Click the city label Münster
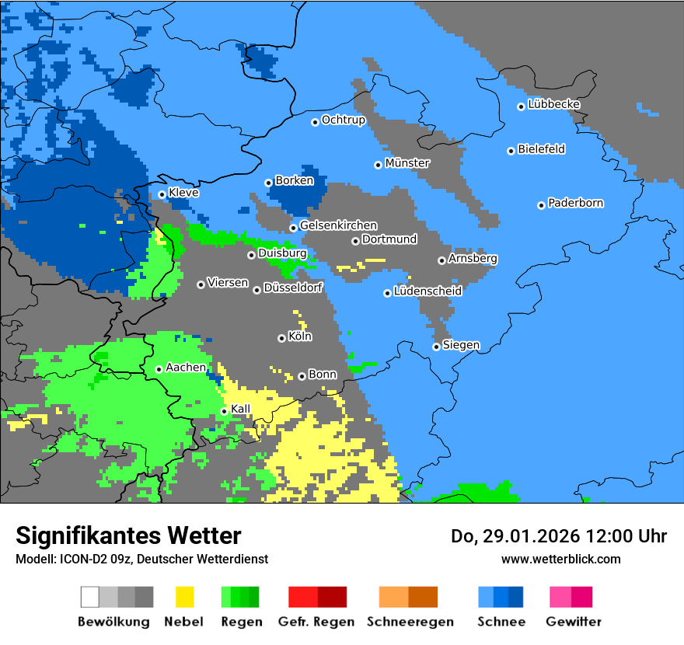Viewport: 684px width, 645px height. tap(407, 163)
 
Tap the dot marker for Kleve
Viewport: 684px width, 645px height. tap(162, 194)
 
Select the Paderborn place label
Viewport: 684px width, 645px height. tap(575, 204)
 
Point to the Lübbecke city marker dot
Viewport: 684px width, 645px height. tap(521, 106)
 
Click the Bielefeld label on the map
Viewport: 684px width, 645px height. tap(541, 149)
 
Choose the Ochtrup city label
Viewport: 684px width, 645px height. tap(343, 120)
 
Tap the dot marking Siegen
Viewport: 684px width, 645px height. tap(436, 347)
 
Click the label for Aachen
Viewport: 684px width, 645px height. tap(186, 368)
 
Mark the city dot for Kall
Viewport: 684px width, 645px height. tap(224, 411)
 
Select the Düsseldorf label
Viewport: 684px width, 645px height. tap(292, 288)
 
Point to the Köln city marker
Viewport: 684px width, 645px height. tap(281, 338)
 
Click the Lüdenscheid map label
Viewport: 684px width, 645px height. tap(427, 291)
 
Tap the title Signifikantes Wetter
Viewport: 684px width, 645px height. tap(128, 535)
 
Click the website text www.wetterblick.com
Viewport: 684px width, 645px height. tap(560, 559)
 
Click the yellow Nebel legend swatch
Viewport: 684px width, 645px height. tap(184, 597)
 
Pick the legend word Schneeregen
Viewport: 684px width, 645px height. tap(410, 622)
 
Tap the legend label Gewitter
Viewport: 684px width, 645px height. tap(573, 622)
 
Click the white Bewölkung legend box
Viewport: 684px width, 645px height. tap(90, 597)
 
